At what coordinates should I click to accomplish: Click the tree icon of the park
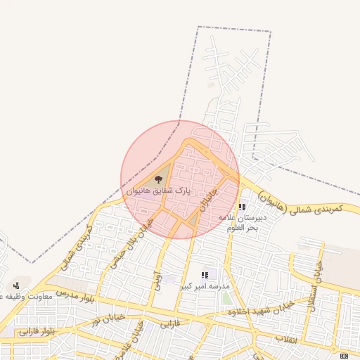(157, 179)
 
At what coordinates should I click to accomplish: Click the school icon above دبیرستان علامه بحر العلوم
(243, 207)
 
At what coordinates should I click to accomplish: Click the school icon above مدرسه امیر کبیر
(205, 275)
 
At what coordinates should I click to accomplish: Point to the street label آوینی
(158, 281)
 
